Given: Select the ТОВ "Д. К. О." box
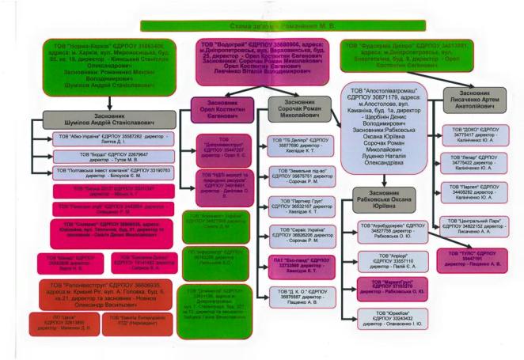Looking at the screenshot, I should tap(298, 297).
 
